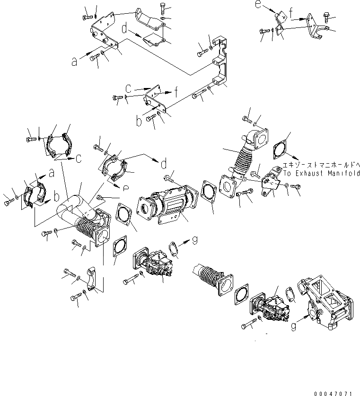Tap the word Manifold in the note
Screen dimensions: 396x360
tap(344, 173)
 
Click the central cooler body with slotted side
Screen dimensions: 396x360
tap(166, 207)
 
